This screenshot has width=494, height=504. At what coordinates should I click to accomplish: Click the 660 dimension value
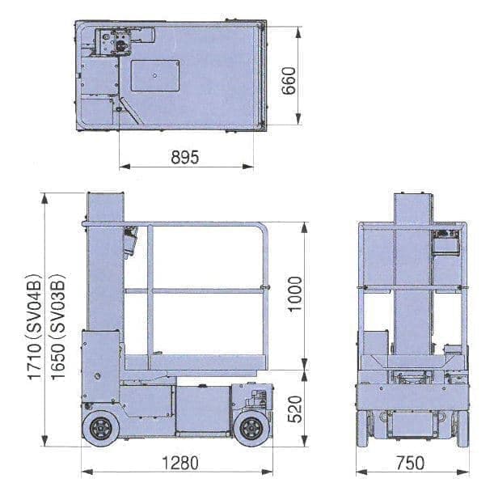tap(289, 81)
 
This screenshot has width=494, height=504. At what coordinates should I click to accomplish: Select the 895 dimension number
tap(185, 157)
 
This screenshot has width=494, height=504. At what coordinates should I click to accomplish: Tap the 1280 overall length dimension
tap(180, 464)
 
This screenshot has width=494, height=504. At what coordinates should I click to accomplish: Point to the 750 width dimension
tap(410, 464)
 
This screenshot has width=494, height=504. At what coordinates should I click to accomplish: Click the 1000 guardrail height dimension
tap(295, 294)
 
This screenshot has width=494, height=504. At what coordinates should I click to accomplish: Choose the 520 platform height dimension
tap(295, 409)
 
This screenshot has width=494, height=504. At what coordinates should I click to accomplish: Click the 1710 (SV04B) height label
tap(35, 327)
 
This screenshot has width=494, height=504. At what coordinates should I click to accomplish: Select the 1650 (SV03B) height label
tap(58, 327)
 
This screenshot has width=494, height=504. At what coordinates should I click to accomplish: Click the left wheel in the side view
tap(100, 429)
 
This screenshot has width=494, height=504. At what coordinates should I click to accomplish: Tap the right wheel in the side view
tap(252, 429)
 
